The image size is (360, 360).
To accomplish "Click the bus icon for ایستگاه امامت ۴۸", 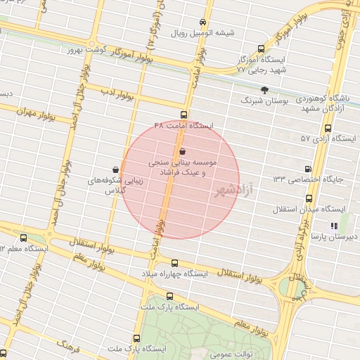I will pos(184,115).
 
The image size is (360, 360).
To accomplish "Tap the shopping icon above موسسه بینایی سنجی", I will pos(183,151).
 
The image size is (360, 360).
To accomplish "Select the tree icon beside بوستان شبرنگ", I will pos(264,90).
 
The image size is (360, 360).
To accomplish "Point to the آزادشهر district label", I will pos(233,190).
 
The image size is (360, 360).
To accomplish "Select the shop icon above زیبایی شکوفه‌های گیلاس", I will pos(115,169).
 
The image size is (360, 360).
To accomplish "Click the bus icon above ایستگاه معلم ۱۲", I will pos(23,238).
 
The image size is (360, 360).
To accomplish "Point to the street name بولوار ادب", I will pos(115,92).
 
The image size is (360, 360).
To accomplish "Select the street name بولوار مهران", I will pos(34,110).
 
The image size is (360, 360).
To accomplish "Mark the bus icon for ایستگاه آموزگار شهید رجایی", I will pos(262,49).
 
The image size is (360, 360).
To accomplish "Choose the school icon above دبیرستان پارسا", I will pos(334,226).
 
